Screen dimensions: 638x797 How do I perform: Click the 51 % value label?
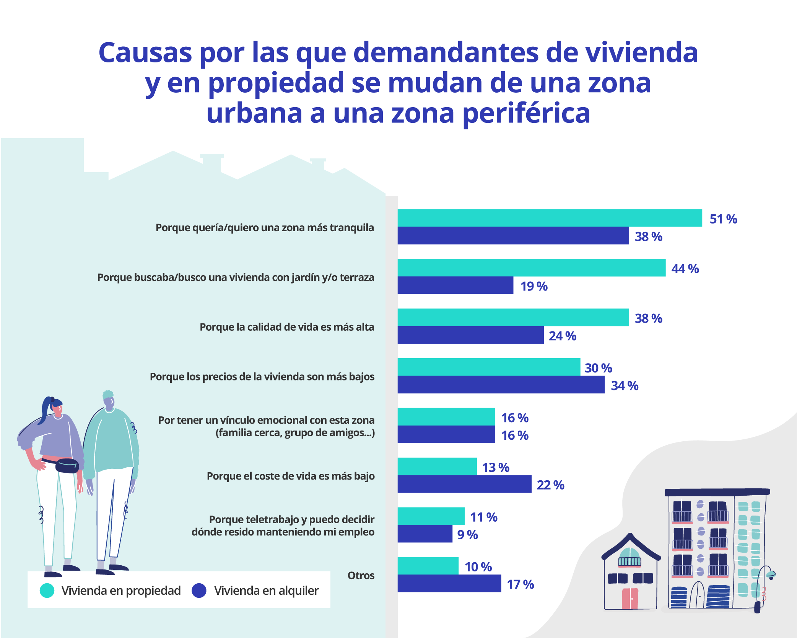[723, 219]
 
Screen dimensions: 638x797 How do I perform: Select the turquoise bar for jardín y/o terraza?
[531, 268]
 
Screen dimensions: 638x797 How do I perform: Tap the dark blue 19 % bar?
[455, 285]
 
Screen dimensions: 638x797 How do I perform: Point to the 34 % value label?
[624, 385]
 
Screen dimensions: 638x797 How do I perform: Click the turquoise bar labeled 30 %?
[488, 367]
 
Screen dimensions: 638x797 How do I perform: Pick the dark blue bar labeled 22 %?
[464, 484]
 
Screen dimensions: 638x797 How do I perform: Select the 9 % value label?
[467, 535]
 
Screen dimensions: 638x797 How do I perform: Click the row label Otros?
[361, 575]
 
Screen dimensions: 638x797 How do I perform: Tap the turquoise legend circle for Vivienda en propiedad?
[47, 590]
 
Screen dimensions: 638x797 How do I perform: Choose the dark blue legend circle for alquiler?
[199, 590]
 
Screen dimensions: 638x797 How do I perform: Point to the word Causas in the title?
[145, 52]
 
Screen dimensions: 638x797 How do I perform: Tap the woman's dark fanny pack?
[67, 466]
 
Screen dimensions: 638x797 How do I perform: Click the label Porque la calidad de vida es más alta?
[287, 327]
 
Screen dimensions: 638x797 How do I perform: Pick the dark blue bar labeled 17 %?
[449, 583]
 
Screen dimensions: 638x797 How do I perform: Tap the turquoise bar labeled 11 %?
[431, 516]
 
